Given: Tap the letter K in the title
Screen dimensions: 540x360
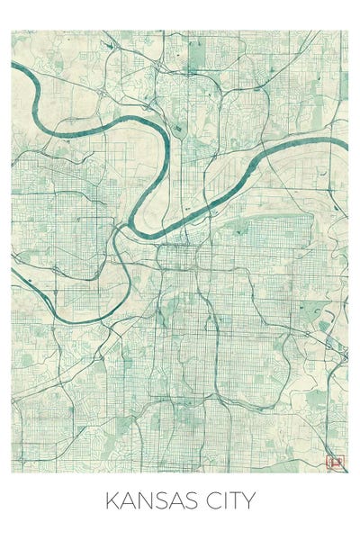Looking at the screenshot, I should click(112, 501).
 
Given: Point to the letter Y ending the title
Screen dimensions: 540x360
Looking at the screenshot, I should click(250, 501).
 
